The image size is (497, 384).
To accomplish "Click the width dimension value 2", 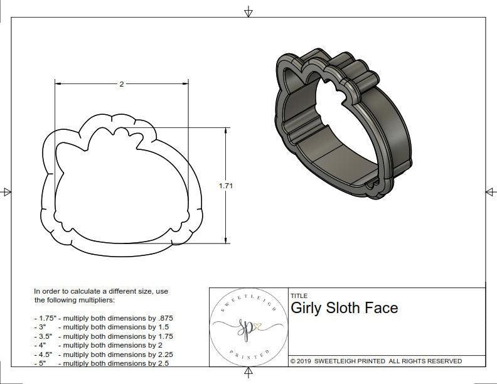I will point(121,84).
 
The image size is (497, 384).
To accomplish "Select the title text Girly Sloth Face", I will point(344,308).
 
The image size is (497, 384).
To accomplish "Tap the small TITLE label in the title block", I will point(299,295).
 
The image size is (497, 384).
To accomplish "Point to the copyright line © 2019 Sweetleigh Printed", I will point(377,361).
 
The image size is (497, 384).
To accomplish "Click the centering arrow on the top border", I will point(248,12).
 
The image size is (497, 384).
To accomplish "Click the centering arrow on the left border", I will point(7,191).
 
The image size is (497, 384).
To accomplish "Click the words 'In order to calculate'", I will point(69,292).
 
